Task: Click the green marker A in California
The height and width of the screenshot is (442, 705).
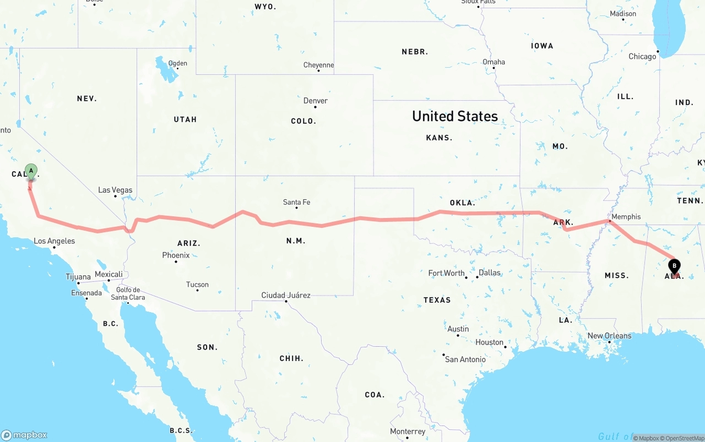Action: pos(31,171)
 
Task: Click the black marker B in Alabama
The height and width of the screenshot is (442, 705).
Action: pos(674,266)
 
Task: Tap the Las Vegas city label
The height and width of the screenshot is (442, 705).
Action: pos(115,190)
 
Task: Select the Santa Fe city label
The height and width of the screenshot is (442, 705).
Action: pos(296,203)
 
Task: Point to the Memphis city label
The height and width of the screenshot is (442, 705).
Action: pos(626,217)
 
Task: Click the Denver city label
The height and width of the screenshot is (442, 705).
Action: pos(316,101)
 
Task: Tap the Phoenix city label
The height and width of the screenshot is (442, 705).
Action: pos(176,255)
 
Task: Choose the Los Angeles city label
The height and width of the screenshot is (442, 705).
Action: pos(54,241)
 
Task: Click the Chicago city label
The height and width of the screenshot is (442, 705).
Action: pos(642,56)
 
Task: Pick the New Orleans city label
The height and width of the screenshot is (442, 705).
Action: pos(609,336)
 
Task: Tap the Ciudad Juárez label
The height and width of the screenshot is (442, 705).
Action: pos(286,296)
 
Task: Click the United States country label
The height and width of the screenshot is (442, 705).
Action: pos(455,116)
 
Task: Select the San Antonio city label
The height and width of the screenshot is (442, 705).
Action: pos(465,359)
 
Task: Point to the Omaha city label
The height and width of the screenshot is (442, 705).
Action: pos(493,62)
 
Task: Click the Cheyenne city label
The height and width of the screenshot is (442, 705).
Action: pos(318,65)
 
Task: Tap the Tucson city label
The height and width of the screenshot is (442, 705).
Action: pos(197,285)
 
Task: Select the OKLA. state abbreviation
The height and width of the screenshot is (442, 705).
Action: pos(462,203)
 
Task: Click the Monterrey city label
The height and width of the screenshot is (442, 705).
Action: pos(408,432)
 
